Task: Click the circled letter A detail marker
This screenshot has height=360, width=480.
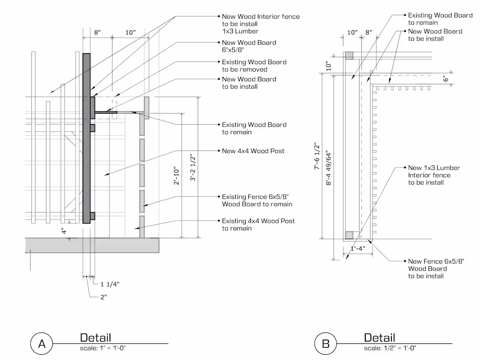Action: [42, 343]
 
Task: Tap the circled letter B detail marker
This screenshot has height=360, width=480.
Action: [326, 343]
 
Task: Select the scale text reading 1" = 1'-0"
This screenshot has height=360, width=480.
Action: [103, 348]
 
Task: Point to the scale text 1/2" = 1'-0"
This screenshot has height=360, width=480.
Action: [390, 348]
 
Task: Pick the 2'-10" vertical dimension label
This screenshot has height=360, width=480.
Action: [175, 175]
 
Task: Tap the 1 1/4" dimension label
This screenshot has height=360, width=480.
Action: [110, 284]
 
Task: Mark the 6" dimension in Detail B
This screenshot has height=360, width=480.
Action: [446, 79]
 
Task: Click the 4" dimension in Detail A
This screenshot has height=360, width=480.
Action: [64, 231]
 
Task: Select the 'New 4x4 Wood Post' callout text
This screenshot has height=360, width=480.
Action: [253, 151]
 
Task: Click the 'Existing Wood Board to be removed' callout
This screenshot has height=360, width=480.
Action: [254, 65]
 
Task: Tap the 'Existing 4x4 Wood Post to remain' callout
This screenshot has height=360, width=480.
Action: [258, 225]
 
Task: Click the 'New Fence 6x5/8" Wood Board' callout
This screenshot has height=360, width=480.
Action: [435, 268]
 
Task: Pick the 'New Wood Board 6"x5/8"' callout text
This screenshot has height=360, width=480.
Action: [249, 46]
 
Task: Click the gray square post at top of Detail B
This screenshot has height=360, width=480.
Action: [349, 55]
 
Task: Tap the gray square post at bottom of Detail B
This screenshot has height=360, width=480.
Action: [349, 235]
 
